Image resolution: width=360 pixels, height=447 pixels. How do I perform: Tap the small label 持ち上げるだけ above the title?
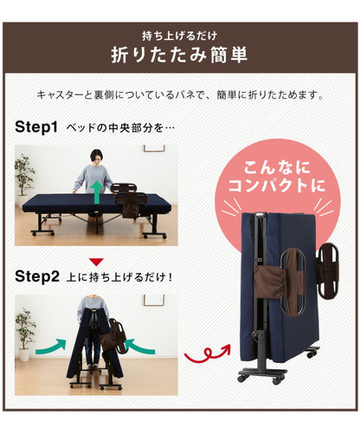click(179, 36)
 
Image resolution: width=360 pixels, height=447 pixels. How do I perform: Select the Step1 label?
click(36, 127)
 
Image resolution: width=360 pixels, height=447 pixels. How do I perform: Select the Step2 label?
click(36, 277)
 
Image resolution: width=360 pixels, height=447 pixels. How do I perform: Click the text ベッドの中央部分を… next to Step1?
click(122, 128)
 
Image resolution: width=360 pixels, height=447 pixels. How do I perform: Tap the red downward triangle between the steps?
click(97, 261)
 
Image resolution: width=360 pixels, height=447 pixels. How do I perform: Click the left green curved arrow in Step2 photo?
click(53, 347)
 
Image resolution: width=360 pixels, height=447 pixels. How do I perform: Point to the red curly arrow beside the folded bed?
click(205, 354)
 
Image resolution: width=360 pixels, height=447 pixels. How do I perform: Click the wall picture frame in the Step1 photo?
click(153, 148)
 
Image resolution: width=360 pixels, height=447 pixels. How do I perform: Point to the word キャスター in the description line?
click(61, 94)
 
